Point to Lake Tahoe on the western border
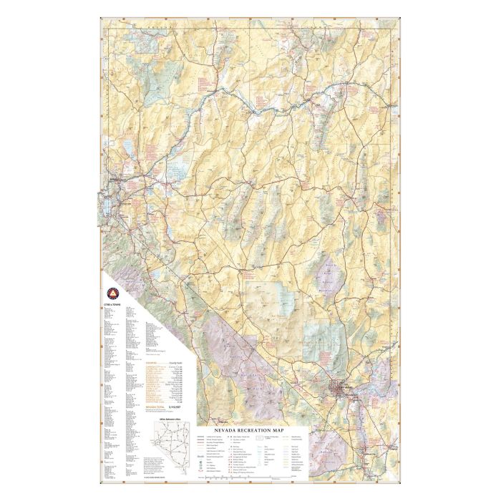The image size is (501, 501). pos(106,208)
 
